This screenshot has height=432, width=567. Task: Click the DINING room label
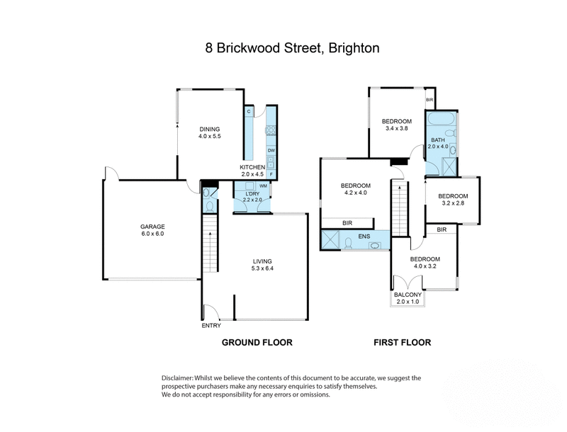pyautogui.click(x=209, y=129)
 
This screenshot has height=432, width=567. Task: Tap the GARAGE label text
pyautogui.click(x=151, y=227)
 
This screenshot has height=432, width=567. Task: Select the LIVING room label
pyautogui.click(x=262, y=261)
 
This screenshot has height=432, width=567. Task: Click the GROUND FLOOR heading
pyautogui.click(x=257, y=342)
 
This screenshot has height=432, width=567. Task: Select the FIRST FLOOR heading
pyautogui.click(x=403, y=342)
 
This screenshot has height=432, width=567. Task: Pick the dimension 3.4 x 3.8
pyautogui.click(x=396, y=128)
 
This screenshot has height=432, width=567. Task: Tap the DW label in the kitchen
pyautogui.click(x=271, y=150)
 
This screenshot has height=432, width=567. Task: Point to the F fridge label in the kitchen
pyautogui.click(x=271, y=174)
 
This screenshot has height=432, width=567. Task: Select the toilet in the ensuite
pyautogui.click(x=349, y=243)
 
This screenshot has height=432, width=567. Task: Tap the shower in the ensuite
pyautogui.click(x=330, y=240)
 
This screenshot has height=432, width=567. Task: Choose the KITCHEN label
pyautogui.click(x=252, y=167)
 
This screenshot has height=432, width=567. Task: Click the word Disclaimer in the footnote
pyautogui.click(x=180, y=379)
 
